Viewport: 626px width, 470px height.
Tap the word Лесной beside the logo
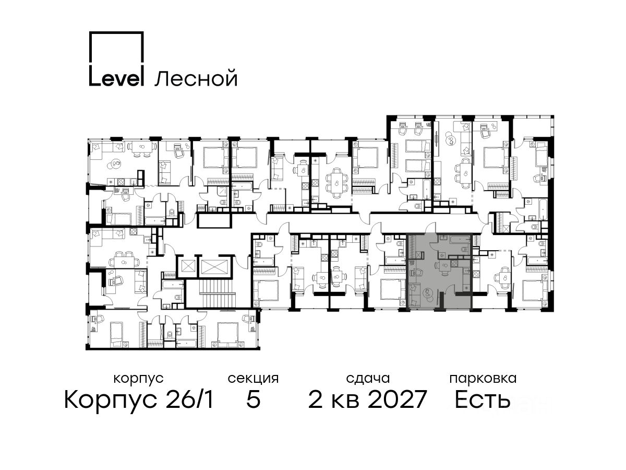pos(196,78)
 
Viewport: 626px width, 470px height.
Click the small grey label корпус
pos(138,379)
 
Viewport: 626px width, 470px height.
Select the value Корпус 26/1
pos(139,399)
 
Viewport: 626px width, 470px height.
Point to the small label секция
pos(253,379)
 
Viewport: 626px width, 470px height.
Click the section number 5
pos(253,399)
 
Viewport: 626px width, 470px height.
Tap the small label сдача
pos(368,379)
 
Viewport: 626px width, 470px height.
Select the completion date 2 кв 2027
pos(367,399)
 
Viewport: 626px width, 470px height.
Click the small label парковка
pos(483,379)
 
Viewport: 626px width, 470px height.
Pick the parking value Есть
pos(482,399)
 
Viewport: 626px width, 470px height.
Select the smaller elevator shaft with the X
pos(186,266)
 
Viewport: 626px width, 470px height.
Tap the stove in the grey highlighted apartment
pos(454,263)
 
